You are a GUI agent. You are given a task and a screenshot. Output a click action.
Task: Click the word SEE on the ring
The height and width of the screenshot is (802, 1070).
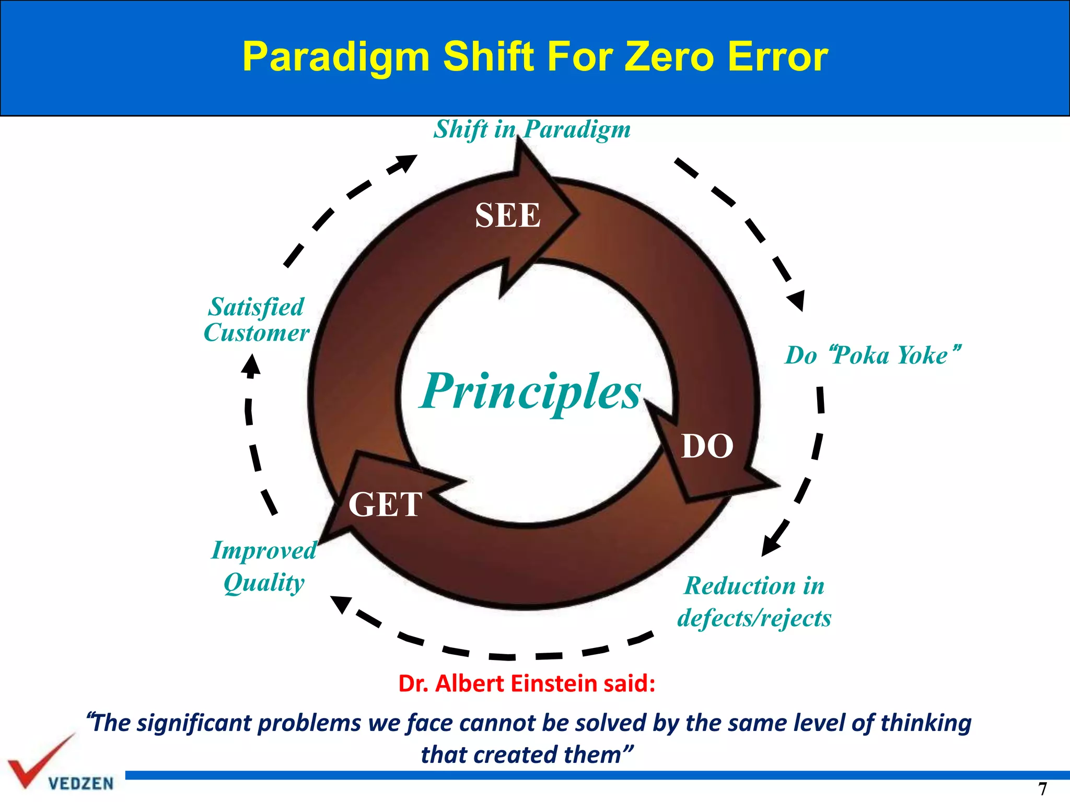[507, 215]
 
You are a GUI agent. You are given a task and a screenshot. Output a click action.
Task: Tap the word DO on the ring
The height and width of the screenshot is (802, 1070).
[707, 446]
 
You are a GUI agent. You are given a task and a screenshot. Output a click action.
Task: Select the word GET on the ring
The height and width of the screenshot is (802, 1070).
[385, 504]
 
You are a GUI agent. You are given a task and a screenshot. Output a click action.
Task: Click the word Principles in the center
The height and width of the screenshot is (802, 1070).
[531, 392]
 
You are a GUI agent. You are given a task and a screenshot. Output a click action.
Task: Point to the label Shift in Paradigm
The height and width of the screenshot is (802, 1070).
[532, 129]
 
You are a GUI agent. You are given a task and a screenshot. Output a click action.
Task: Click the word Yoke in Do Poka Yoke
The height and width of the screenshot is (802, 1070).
[922, 356]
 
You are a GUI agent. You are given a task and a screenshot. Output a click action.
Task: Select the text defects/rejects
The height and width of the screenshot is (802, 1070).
[754, 618]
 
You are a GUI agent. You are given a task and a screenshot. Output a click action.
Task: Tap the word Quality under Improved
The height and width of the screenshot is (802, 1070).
[264, 583]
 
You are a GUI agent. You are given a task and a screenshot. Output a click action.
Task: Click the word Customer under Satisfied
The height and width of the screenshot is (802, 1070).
[257, 333]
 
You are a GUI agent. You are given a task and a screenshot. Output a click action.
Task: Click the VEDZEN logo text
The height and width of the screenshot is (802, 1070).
[80, 783]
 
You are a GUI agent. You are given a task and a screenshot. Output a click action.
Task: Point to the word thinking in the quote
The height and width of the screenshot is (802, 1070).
[926, 723]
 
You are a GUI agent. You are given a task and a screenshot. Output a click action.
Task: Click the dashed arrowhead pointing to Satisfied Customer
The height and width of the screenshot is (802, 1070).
[251, 365]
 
